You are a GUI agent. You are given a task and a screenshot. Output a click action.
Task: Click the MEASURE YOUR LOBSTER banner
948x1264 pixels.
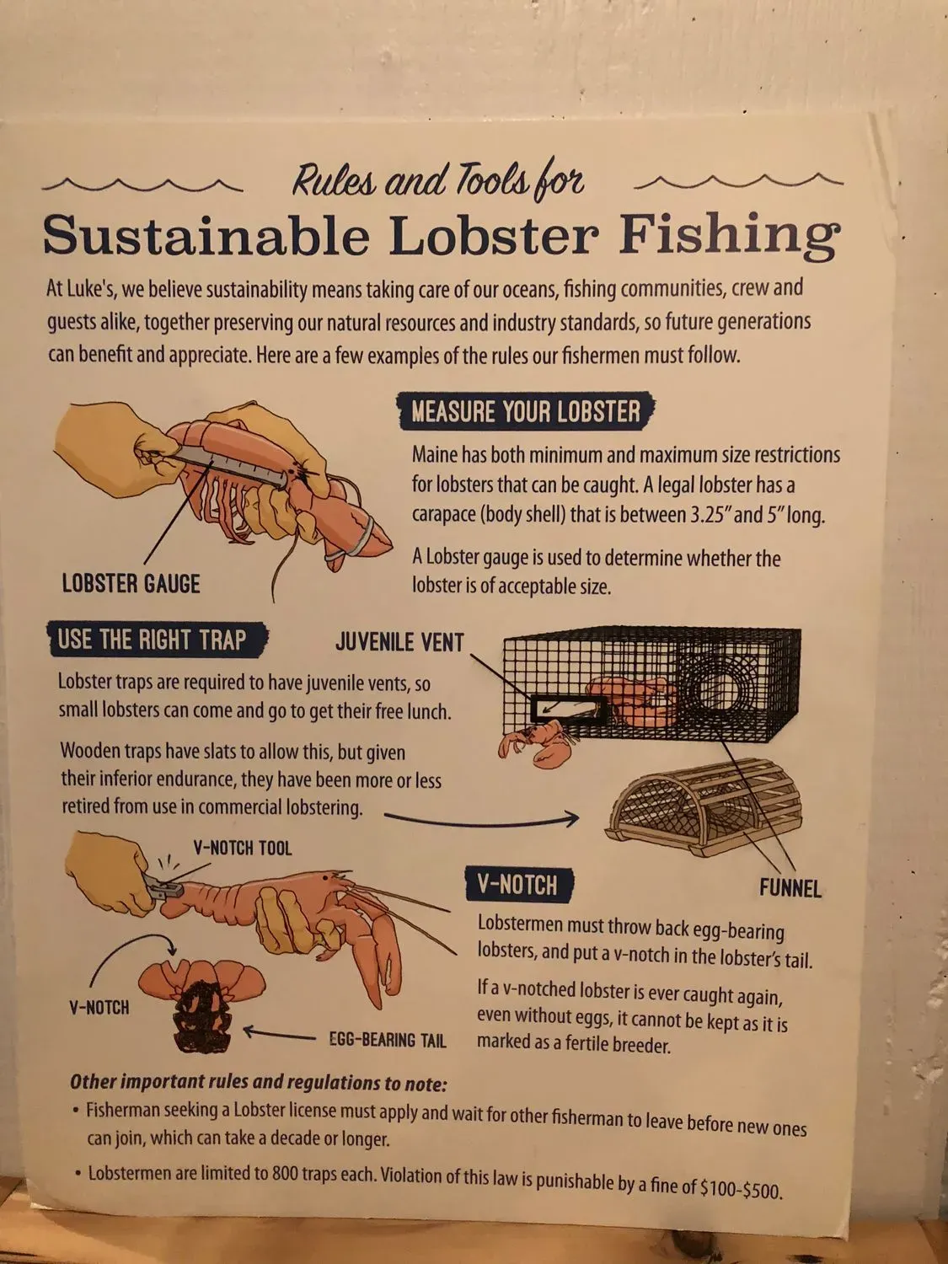tap(527, 411)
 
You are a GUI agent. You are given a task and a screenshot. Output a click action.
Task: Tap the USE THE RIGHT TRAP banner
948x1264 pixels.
tap(157, 640)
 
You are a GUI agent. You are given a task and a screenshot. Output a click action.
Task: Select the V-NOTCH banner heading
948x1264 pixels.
tap(518, 885)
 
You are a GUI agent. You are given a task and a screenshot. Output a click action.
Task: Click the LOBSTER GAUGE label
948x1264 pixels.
tap(131, 584)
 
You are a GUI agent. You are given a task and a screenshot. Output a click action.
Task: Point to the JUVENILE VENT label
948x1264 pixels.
tap(399, 642)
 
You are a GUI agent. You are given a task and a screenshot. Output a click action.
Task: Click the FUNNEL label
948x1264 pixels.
tap(790, 888)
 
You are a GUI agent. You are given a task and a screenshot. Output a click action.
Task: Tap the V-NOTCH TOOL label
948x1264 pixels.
tap(243, 848)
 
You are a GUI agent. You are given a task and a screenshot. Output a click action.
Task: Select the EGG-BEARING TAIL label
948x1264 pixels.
tap(388, 1040)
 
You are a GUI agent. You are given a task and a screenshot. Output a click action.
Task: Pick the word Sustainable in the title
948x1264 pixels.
tap(206, 235)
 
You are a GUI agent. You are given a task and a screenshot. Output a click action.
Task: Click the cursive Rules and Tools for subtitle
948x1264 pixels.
tap(438, 181)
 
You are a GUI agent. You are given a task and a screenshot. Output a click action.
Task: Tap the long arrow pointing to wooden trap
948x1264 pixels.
tap(481, 820)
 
